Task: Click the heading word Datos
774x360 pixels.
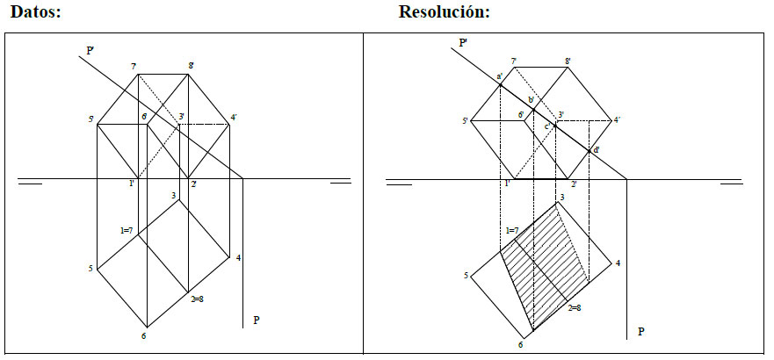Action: tap(33, 12)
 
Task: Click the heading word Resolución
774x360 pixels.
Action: tap(443, 12)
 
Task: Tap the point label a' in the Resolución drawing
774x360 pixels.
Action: tap(499, 76)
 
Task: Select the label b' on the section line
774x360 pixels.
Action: tap(529, 99)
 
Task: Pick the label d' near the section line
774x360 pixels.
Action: tap(597, 150)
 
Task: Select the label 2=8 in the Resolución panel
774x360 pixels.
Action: tap(575, 308)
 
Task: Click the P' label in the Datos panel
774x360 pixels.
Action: tap(90, 51)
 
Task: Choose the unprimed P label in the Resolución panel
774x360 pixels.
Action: tap(640, 332)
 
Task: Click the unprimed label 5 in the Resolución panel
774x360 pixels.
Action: tap(465, 277)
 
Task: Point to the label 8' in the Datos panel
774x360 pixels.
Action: tap(191, 65)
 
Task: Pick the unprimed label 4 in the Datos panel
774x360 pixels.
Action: tap(238, 257)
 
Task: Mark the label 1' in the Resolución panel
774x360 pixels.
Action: tap(507, 183)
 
